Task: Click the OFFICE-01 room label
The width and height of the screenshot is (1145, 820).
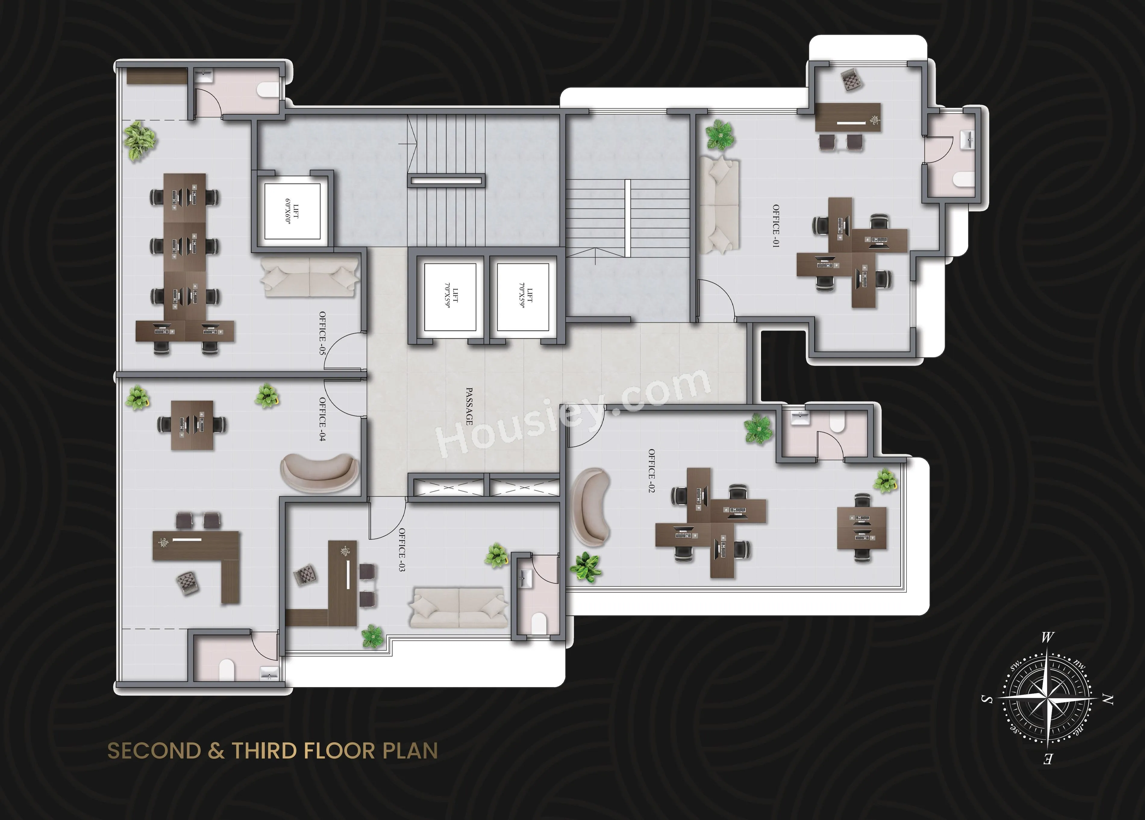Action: pyautogui.click(x=776, y=226)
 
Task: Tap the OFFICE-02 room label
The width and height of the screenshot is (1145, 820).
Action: pyautogui.click(x=652, y=471)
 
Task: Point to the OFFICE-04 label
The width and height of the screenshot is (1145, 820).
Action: pyautogui.click(x=322, y=419)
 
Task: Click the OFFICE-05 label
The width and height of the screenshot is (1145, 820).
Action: pyautogui.click(x=322, y=333)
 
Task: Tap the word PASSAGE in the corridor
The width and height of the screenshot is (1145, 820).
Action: pyautogui.click(x=469, y=407)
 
